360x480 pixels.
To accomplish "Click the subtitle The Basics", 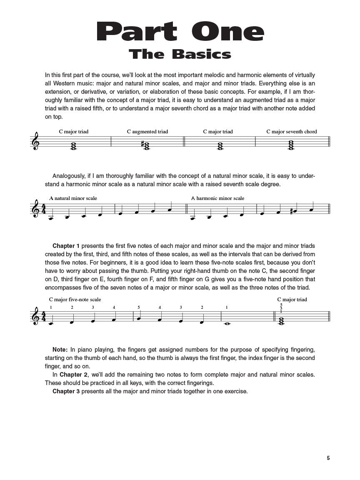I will click(180, 54).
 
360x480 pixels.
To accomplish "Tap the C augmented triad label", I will click(147, 132).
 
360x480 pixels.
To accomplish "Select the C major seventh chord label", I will click(292, 132).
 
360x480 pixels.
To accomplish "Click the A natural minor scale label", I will click(73, 198).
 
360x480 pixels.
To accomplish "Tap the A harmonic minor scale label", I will click(218, 198).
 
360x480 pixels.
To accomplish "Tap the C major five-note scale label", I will click(75, 300).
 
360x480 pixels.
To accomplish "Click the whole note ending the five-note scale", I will click(227, 322).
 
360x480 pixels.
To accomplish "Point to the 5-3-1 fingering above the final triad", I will click(281, 308).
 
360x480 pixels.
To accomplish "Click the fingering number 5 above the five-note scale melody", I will click(139, 307).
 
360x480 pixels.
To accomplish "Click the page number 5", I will click(328, 458).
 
